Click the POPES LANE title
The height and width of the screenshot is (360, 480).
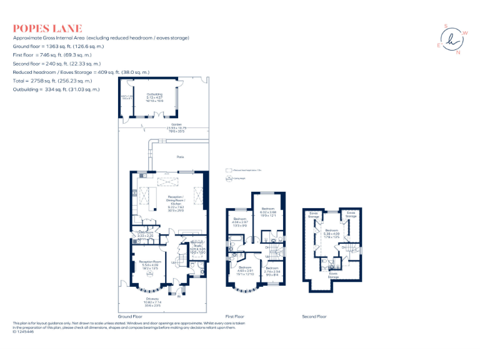47,28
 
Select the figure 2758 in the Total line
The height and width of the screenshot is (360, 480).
36,81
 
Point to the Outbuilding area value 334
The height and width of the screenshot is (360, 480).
51,89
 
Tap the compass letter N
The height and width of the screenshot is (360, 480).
457,52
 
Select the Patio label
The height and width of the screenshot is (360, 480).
181,157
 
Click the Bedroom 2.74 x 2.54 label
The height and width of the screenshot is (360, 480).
272,267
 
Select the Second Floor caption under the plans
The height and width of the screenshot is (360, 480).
314,317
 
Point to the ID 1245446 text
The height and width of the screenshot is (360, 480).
23,331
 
